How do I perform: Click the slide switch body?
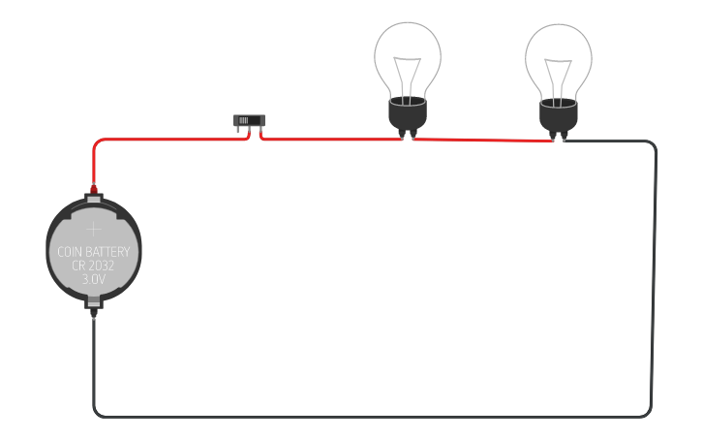(x=248, y=121)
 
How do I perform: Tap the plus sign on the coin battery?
(x=93, y=230)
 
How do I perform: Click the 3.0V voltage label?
(x=94, y=279)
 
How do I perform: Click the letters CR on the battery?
(x=79, y=266)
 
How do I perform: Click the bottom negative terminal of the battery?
(x=93, y=308)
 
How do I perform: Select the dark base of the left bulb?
(x=408, y=115)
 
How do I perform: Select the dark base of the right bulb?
(x=559, y=117)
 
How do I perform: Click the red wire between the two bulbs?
(x=484, y=141)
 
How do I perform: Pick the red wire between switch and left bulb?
(x=329, y=140)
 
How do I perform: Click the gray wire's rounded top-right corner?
(x=653, y=144)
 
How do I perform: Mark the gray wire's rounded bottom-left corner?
(x=96, y=413)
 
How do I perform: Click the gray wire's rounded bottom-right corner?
(x=648, y=413)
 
